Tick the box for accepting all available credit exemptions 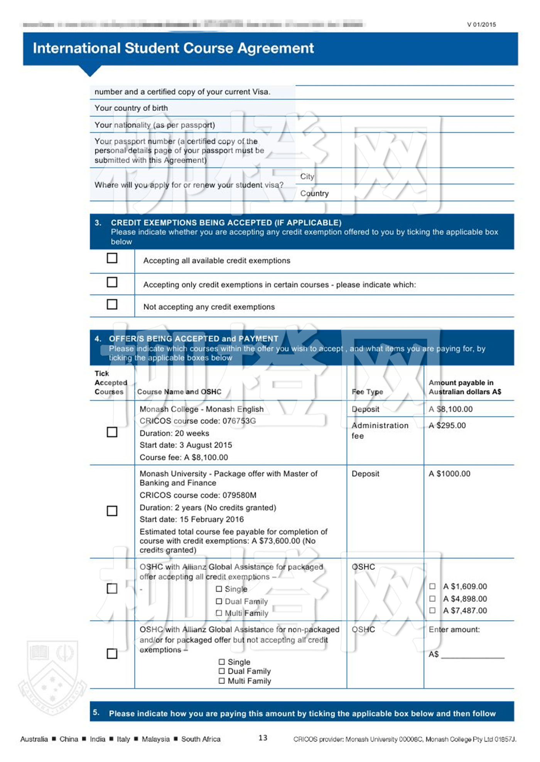tap(112, 258)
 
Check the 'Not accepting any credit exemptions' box tap(112, 304)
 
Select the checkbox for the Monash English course tap(112, 432)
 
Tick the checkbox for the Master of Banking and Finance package tap(112, 511)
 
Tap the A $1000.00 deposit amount tap(449, 473)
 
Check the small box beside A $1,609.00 tap(432, 586)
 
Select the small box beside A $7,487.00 tap(432, 610)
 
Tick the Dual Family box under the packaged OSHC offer tap(219, 601)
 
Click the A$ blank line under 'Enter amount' tap(472, 655)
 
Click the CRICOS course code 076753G tap(197, 421)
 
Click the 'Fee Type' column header tap(367, 392)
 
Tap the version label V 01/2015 tap(481, 25)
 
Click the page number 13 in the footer tap(263, 738)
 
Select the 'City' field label tap(307, 176)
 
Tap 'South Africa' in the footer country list tap(201, 739)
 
